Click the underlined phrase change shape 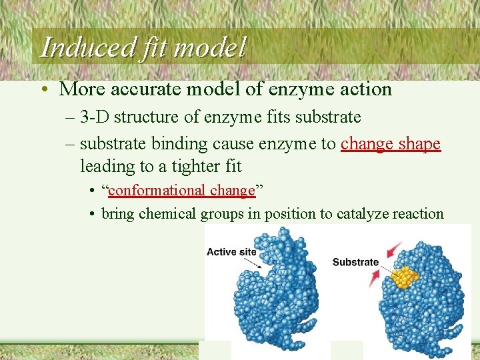pyautogui.click(x=391, y=144)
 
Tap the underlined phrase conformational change pyautogui.click(x=182, y=191)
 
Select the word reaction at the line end pyautogui.click(x=418, y=214)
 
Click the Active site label pyautogui.click(x=231, y=252)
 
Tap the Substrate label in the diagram pyautogui.click(x=355, y=262)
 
